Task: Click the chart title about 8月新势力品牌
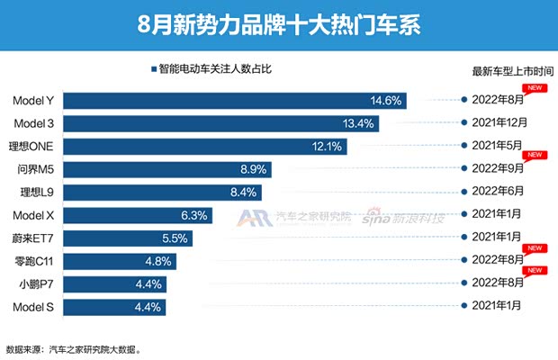click(279, 21)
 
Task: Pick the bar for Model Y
click(234, 100)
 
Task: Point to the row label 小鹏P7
click(38, 283)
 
